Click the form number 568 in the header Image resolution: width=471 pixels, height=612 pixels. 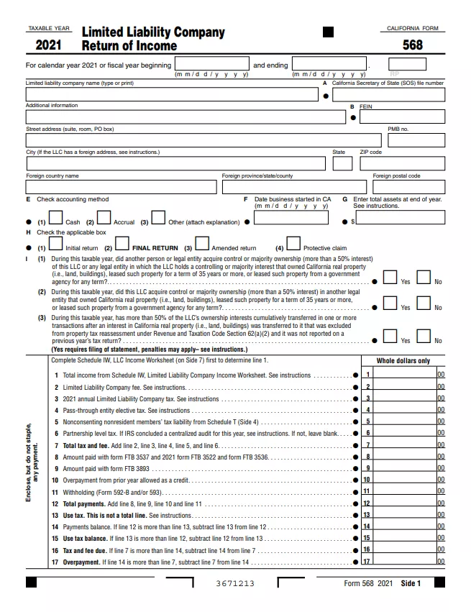click(x=413, y=45)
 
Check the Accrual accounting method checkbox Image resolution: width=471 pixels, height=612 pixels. click(x=104, y=217)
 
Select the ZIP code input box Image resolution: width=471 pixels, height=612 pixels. click(x=402, y=163)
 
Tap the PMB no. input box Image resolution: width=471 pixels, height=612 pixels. click(x=416, y=140)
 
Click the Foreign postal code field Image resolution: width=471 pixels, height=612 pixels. click(x=407, y=187)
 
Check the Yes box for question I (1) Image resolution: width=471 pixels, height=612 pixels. click(x=390, y=277)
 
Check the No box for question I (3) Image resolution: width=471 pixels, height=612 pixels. click(x=424, y=336)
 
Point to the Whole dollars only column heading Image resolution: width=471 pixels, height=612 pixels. click(x=403, y=361)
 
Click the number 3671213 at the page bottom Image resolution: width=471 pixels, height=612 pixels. click(x=235, y=583)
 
